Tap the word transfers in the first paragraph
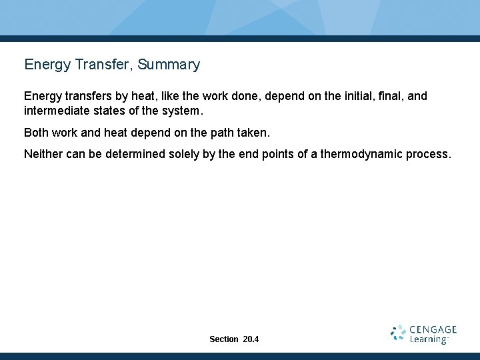coord(83,96)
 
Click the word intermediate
coord(55,110)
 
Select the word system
coord(182,110)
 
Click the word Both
coord(36,133)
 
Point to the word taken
coord(254,133)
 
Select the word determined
coord(130,154)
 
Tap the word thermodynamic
coord(361,154)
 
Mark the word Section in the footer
coord(223,339)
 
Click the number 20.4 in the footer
coord(251,339)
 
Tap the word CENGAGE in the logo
coord(433,329)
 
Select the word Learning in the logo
coord(427,340)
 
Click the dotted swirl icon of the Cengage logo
coord(398,334)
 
